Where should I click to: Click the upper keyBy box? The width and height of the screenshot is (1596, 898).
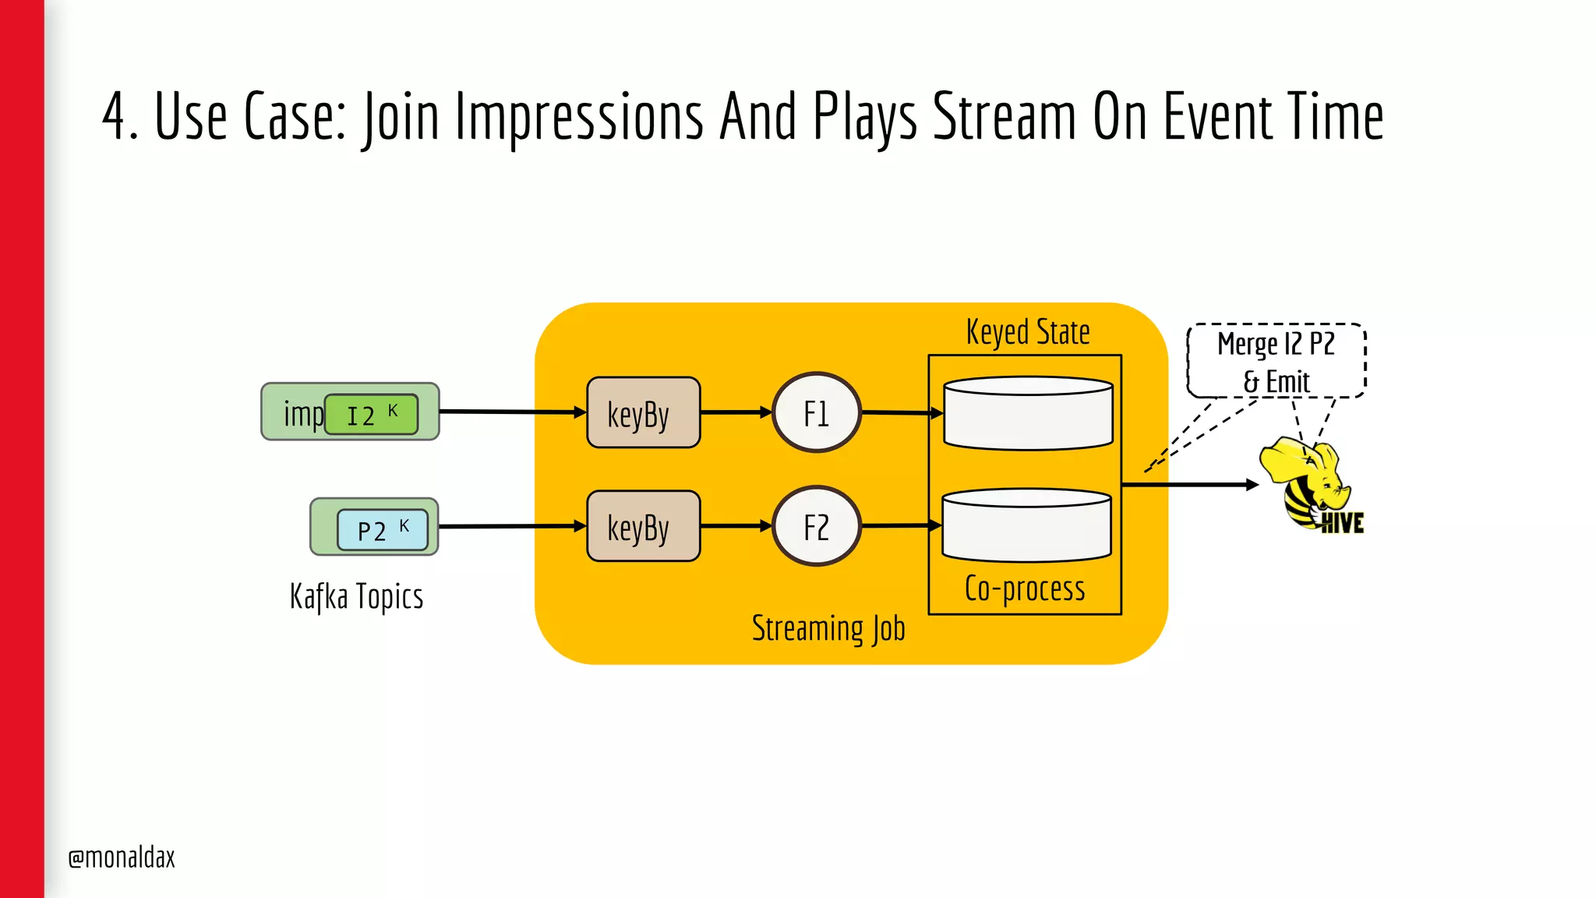(x=643, y=413)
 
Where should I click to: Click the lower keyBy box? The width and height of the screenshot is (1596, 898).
(x=643, y=526)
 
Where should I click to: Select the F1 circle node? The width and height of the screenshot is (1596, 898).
(x=816, y=412)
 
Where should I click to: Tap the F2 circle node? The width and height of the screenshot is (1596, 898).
(x=816, y=526)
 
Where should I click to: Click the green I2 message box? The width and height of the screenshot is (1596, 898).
(x=371, y=414)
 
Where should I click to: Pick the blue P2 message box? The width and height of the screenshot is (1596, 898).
(x=382, y=529)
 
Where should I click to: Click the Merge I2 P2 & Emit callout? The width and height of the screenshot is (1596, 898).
(x=1276, y=362)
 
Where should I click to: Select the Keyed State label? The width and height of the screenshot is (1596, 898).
(x=1027, y=332)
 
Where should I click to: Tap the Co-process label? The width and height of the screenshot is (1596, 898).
(x=1024, y=589)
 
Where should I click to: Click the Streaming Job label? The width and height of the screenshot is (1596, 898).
(x=828, y=629)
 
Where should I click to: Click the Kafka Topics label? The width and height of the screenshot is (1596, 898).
(x=356, y=597)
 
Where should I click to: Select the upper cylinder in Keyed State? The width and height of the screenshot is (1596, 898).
(x=1027, y=413)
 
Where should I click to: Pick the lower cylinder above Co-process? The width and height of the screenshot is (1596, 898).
(x=1026, y=525)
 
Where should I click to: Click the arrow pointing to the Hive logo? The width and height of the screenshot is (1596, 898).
(x=1188, y=485)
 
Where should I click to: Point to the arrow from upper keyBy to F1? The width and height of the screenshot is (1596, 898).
(x=735, y=412)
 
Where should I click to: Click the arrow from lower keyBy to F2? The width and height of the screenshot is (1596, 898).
(x=735, y=526)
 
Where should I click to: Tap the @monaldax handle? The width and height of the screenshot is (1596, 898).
(x=122, y=857)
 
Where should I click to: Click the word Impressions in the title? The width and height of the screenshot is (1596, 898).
(x=578, y=117)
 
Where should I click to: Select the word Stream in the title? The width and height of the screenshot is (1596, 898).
(x=1005, y=117)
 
